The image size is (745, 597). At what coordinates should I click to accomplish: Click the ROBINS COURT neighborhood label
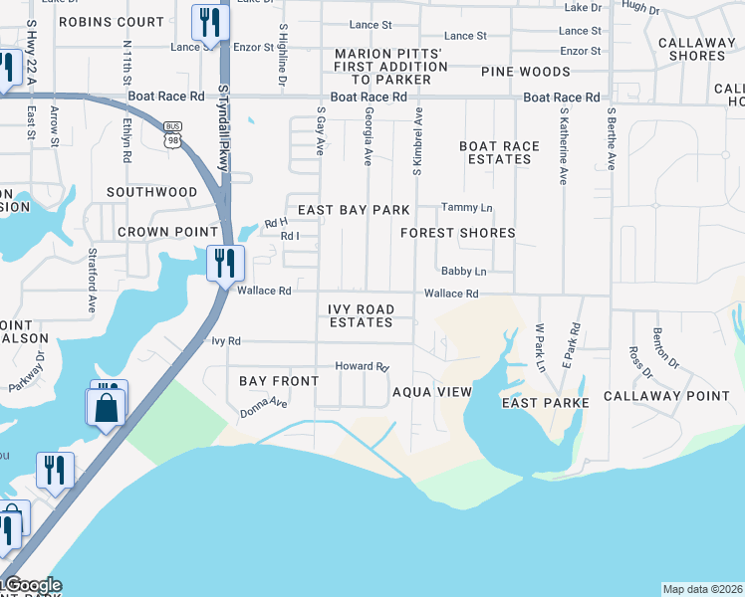coord(112,21)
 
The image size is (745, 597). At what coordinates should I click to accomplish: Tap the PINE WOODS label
coord(526,72)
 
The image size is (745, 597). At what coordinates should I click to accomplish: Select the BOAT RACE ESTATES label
coord(500,152)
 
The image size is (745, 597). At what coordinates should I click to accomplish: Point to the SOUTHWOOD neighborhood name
coord(152,191)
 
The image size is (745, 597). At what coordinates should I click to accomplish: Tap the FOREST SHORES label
coord(458,233)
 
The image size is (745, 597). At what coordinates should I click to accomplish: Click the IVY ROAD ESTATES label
coord(361,315)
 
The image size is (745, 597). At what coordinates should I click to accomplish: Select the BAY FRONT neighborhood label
coord(280,381)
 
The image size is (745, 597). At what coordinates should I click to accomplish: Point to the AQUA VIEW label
coord(431,392)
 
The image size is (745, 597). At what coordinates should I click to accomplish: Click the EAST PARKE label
coord(546,402)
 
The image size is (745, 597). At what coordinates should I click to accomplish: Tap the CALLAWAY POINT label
coord(681,395)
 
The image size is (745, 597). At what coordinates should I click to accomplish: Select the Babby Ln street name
coord(464,271)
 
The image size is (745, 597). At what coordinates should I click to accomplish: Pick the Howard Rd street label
coord(361,366)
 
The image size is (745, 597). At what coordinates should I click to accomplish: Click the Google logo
coord(32,585)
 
